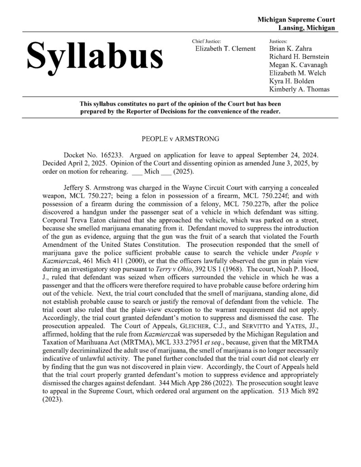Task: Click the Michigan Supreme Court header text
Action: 296,20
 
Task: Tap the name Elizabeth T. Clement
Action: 225,49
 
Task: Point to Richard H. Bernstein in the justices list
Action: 299,57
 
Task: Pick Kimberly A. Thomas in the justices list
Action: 299,89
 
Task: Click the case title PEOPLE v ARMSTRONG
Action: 180,136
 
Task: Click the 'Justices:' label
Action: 280,41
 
